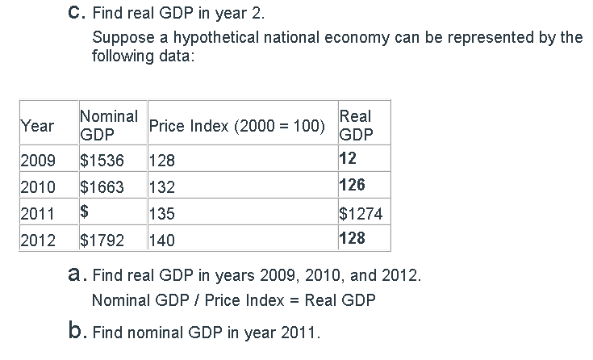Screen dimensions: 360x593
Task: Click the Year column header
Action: pyautogui.click(x=37, y=126)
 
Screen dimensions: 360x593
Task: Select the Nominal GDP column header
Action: pyautogui.click(x=109, y=126)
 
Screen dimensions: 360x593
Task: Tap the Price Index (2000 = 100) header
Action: pyautogui.click(x=237, y=127)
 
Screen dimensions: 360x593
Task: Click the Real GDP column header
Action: pyautogui.click(x=356, y=126)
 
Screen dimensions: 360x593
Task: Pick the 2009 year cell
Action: pyautogui.click(x=37, y=160)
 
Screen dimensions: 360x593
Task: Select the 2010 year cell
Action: pyautogui.click(x=37, y=187)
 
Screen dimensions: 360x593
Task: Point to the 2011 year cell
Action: pyautogui.click(x=37, y=214)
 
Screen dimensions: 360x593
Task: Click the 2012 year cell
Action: pyautogui.click(x=37, y=240)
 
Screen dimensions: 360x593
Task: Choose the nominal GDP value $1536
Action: pyautogui.click(x=102, y=160)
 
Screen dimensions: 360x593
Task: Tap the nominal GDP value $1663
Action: pyautogui.click(x=102, y=187)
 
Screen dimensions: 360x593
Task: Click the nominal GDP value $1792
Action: pyautogui.click(x=102, y=240)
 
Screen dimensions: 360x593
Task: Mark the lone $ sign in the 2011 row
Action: pyautogui.click(x=85, y=214)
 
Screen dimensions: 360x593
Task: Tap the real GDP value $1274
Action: pyautogui.click(x=360, y=214)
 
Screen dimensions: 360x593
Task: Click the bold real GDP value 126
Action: pyautogui.click(x=353, y=186)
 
